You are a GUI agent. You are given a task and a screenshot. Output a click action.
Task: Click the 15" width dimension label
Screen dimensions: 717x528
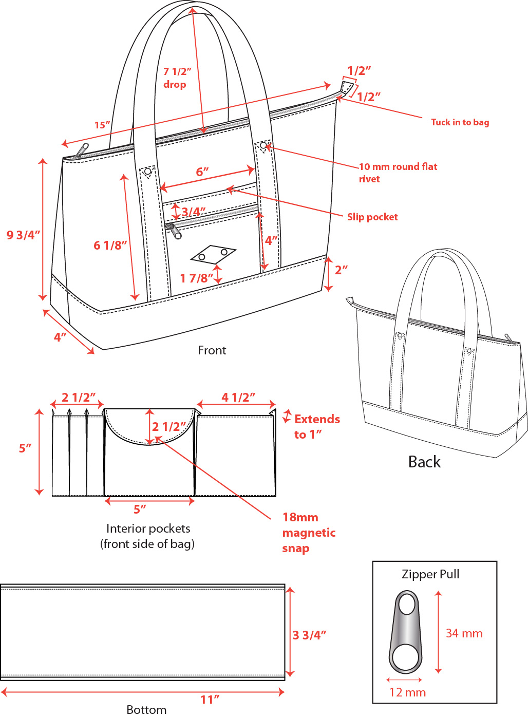pos(102,125)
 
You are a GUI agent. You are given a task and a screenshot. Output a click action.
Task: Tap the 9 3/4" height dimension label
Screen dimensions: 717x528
pos(23,235)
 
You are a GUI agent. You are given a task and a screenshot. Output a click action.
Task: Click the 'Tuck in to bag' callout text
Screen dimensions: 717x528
pos(460,122)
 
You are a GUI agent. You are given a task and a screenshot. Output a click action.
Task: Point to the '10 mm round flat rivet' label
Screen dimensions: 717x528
pos(398,173)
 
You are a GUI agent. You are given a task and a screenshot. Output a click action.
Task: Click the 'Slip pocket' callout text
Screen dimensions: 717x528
pos(372,217)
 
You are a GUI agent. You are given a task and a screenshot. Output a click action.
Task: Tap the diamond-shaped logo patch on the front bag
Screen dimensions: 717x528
pos(213,254)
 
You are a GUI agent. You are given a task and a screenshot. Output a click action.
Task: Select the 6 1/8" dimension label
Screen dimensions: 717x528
pos(110,246)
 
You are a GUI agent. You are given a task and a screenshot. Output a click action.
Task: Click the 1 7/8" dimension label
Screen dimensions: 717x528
pos(196,278)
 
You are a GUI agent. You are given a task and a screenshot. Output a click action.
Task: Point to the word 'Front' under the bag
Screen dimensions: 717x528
pos(212,350)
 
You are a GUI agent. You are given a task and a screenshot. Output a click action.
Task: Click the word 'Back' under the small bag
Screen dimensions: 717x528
pos(424,462)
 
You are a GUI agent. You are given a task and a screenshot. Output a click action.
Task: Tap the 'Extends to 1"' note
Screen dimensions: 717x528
pos(316,427)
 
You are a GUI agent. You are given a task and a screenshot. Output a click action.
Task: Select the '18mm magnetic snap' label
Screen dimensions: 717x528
pos(308,533)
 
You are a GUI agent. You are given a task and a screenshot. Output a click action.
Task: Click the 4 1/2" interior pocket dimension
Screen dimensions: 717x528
pos(238,398)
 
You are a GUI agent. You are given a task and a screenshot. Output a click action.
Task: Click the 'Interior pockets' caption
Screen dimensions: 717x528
pos(148,529)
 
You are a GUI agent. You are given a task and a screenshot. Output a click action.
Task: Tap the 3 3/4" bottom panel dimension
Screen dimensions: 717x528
pos(309,635)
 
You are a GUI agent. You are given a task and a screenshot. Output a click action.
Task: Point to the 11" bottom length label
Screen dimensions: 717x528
pos(210,700)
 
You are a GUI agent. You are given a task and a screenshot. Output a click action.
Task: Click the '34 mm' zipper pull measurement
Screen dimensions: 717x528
pos(464,633)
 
